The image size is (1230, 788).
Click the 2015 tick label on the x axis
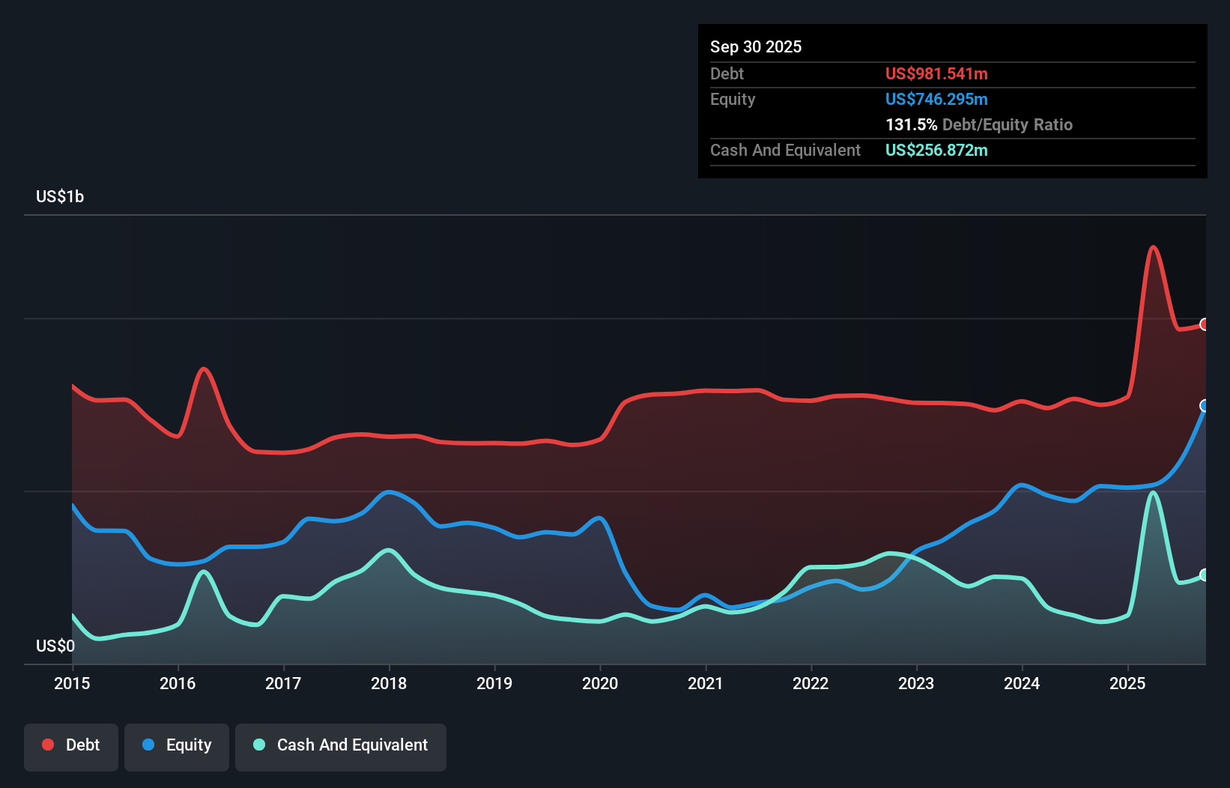(72, 683)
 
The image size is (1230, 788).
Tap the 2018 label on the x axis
(389, 683)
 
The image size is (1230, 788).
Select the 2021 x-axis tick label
(706, 683)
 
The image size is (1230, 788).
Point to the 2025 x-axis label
(1127, 683)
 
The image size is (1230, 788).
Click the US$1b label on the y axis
(60, 197)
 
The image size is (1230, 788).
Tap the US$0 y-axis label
(55, 646)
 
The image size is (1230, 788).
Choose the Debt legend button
(71, 745)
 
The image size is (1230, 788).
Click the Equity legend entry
(177, 745)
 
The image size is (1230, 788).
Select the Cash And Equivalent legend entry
(341, 745)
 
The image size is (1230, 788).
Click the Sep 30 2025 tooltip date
(756, 47)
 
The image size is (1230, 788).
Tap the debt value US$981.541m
(936, 74)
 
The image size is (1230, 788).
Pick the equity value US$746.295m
(936, 100)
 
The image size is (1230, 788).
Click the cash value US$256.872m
(936, 151)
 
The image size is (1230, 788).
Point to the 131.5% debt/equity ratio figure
(911, 125)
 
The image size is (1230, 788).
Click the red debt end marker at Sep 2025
(1205, 324)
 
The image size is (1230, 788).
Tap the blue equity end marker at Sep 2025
(1205, 406)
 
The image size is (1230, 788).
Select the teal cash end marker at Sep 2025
(1205, 575)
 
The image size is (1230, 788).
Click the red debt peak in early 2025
(1154, 247)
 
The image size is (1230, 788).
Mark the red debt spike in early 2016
(204, 369)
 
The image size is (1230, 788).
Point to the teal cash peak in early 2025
(1154, 493)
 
